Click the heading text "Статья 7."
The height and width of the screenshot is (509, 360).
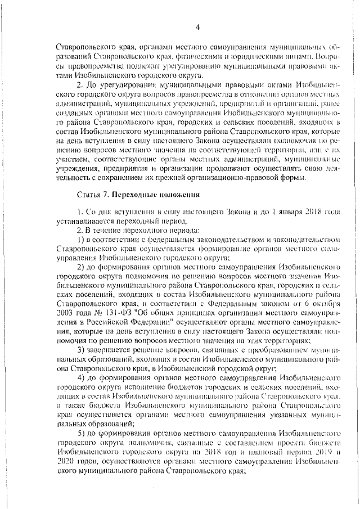click(x=91, y=195)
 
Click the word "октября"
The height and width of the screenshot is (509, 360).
click(x=327, y=301)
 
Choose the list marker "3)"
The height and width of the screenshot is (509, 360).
click(x=81, y=351)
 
